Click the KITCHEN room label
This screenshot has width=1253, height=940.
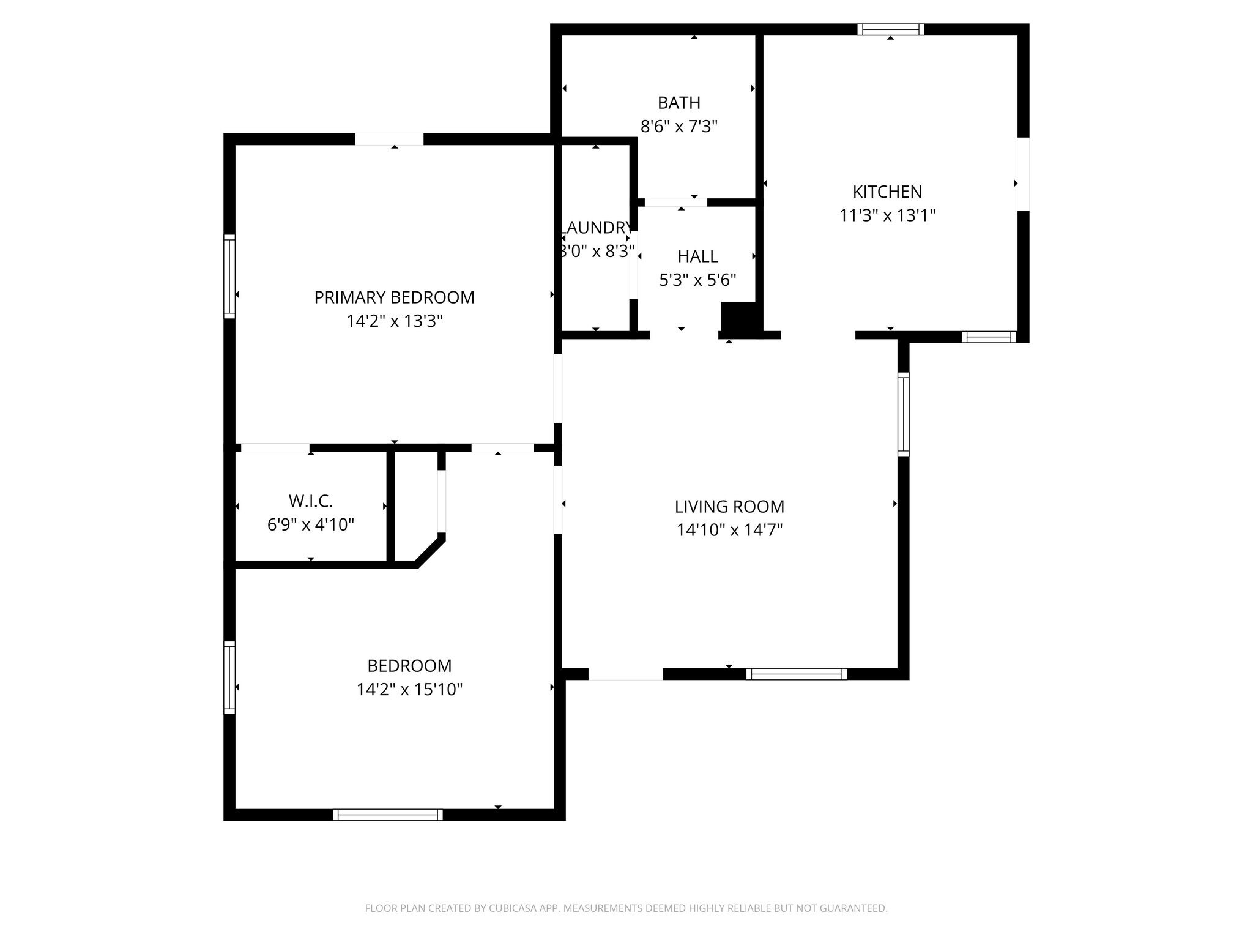pyautogui.click(x=887, y=192)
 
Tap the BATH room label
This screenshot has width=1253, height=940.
pyautogui.click(x=679, y=103)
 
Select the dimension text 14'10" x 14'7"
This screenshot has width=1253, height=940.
pyautogui.click(x=729, y=530)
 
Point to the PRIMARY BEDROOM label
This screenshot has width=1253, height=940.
pyautogui.click(x=394, y=297)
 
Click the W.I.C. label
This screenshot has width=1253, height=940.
pyautogui.click(x=311, y=501)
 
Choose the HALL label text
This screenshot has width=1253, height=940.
pyautogui.click(x=697, y=256)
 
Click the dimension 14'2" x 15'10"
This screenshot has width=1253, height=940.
pyautogui.click(x=409, y=690)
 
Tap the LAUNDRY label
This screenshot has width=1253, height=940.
pyautogui.click(x=597, y=228)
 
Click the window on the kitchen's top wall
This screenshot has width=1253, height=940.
pyautogui.click(x=890, y=29)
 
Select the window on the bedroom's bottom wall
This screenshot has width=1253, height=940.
pyautogui.click(x=388, y=815)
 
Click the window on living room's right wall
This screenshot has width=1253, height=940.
pyautogui.click(x=903, y=414)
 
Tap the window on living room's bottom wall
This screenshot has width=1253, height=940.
pyautogui.click(x=797, y=674)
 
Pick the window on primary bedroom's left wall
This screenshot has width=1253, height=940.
pyautogui.click(x=229, y=277)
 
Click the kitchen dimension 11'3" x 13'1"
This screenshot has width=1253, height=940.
pyautogui.click(x=887, y=215)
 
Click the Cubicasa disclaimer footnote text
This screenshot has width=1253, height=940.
pyautogui.click(x=626, y=908)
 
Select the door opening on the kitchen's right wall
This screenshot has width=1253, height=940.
pyautogui.click(x=1023, y=174)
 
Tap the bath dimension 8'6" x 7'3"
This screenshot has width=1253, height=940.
pyautogui.click(x=679, y=127)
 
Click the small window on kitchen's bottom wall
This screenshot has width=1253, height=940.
pyautogui.click(x=989, y=337)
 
